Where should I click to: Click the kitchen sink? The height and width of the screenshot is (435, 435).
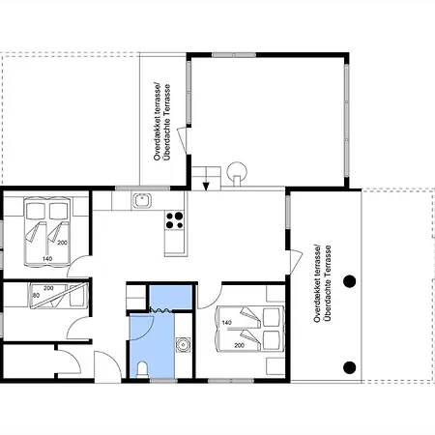tap(142, 200)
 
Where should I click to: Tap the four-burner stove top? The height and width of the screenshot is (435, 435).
tap(174, 220)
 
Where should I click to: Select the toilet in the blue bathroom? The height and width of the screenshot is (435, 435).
tap(142, 369)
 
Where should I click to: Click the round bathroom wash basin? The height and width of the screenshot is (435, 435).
tap(183, 345)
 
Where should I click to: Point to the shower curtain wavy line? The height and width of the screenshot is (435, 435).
tap(160, 310)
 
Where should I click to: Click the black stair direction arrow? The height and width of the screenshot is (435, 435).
tap(206, 186)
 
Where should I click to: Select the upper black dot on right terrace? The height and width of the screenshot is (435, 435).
tap(349, 281)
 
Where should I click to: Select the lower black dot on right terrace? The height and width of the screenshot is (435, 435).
tap(349, 367)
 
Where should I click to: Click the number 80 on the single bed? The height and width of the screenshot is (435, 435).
tap(36, 295)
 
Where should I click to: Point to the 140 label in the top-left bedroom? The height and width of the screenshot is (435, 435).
tap(47, 259)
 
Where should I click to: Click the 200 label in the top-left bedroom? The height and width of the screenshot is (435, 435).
tap(62, 243)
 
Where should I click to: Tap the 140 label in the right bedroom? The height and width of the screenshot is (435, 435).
tap(227, 323)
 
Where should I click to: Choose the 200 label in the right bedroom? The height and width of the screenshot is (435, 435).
tap(239, 345)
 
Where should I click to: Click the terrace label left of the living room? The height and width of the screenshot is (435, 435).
tap(161, 122)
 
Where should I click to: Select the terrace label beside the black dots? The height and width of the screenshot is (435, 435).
tap(322, 283)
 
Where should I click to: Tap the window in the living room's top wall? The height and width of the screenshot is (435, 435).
tap(234, 55)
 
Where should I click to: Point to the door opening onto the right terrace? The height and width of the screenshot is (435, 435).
tap(296, 260)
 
